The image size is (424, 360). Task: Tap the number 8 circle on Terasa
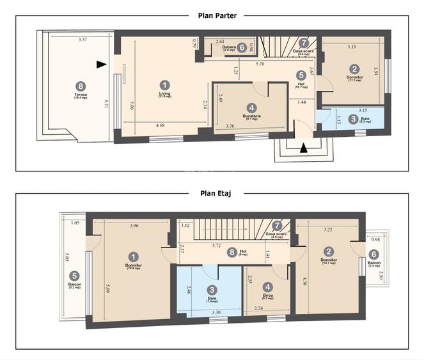pos(80,85)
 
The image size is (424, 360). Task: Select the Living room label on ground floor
pos(165,93)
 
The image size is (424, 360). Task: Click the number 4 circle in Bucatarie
pos(252,107)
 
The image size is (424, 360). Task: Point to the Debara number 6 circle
pos(242,47)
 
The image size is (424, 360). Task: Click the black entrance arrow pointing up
pos(304,148)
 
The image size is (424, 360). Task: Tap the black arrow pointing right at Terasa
pos(100,64)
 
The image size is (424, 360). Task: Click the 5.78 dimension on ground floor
pos(260,64)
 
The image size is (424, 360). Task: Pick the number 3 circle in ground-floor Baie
pos(354,118)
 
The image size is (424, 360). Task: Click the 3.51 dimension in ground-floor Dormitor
pos(376,71)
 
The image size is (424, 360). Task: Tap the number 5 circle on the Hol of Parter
pos(301,75)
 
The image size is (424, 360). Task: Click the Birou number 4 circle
pos(267,288)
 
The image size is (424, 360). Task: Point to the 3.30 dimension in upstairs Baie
pos(216,313)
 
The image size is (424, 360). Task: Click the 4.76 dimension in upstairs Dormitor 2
pos(304,279)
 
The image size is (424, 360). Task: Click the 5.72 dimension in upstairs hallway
pos(217,245)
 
